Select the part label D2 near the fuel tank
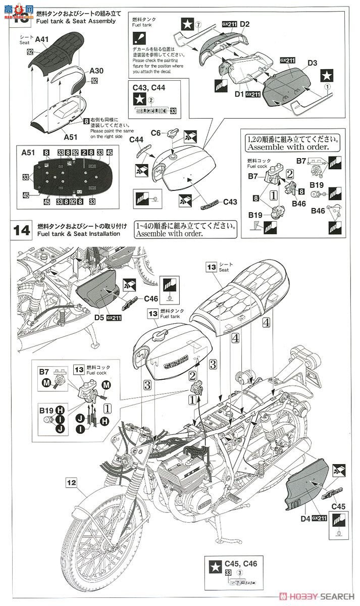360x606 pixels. (x=245, y=24)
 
